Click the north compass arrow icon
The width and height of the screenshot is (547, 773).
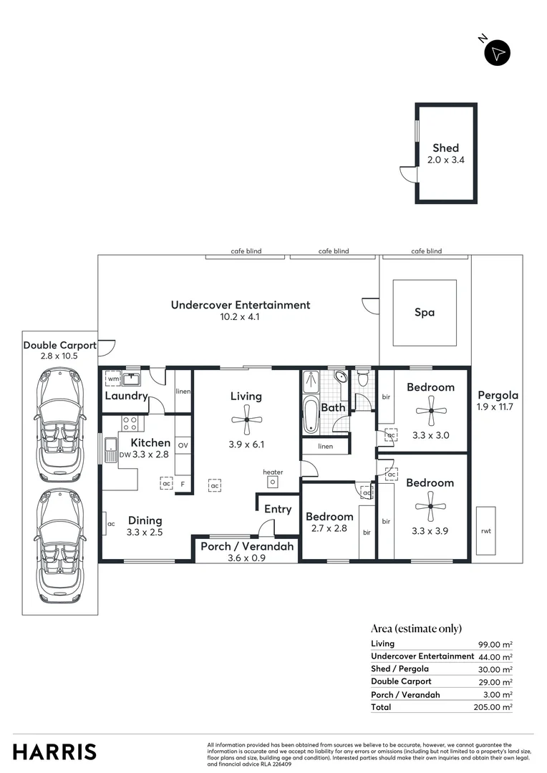point(498,53)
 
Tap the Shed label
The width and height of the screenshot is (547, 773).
point(445,148)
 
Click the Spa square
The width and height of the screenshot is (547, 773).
point(425,312)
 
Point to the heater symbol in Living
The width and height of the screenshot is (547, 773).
point(273,482)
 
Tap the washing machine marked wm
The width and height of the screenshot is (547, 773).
point(113,378)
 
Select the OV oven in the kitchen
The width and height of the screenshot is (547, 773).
point(183,445)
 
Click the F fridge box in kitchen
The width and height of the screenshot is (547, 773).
point(183,485)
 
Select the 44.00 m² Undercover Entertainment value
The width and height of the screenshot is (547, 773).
point(496,656)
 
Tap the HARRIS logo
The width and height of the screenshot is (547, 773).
point(54,752)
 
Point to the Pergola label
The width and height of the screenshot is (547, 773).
point(497,395)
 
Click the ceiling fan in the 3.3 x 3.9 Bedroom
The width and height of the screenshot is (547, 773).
point(430,506)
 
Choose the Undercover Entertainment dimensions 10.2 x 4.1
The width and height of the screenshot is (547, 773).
point(240,316)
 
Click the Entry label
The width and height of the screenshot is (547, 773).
point(278,509)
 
